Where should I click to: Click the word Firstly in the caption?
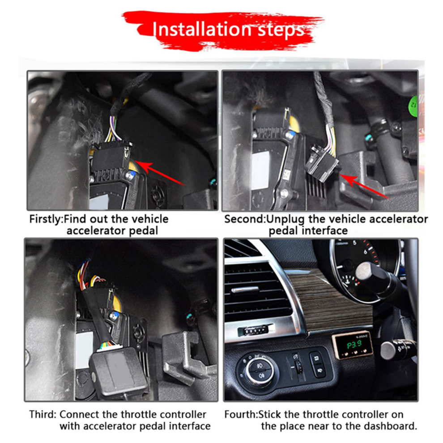click(46, 220)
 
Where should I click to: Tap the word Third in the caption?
click(43, 414)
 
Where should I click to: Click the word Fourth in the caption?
click(240, 414)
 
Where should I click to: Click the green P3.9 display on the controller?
click(354, 345)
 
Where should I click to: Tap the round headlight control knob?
click(259, 369)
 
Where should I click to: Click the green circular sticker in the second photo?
click(413, 106)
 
